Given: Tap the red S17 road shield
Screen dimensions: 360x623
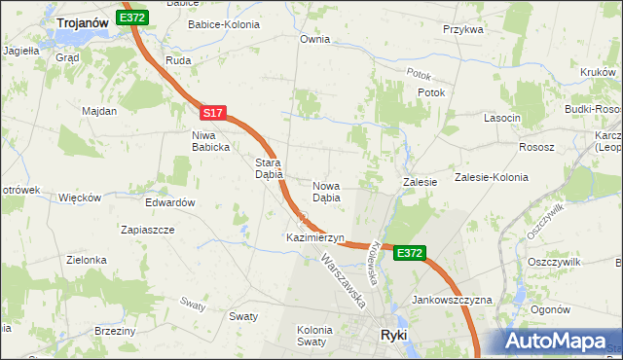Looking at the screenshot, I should click(x=214, y=114).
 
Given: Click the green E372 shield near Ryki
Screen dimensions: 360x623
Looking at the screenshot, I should click(x=410, y=253).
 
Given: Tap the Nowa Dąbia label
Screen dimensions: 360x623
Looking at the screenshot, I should click(x=326, y=191).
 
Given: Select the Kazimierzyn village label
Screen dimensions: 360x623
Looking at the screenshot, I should click(x=315, y=237).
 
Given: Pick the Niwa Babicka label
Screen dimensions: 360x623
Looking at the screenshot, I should click(x=210, y=141).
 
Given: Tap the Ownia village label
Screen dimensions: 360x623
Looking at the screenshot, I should click(x=314, y=40).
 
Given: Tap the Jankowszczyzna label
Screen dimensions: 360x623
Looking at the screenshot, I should click(x=452, y=300).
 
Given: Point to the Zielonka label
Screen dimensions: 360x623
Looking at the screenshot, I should click(x=86, y=261).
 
